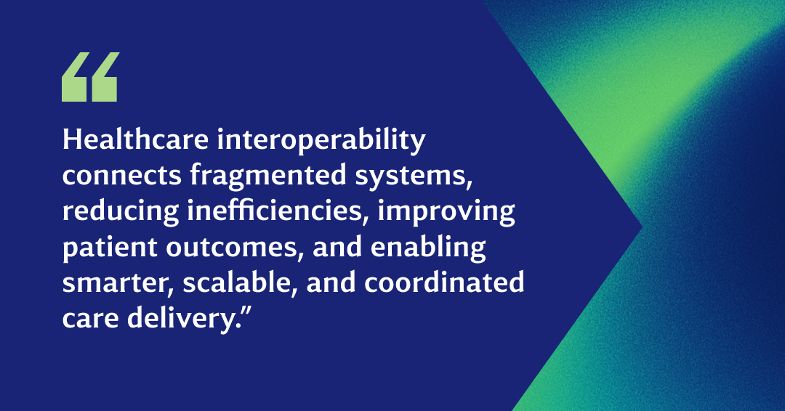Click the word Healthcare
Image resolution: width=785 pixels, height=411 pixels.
(135, 139)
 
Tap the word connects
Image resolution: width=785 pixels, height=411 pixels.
(121, 176)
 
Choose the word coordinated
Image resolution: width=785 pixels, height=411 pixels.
(444, 282)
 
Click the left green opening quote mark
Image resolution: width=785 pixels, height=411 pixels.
(74, 77)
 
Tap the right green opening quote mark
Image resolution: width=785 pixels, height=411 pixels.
(104, 77)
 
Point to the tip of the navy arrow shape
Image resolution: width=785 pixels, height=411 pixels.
(642, 227)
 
